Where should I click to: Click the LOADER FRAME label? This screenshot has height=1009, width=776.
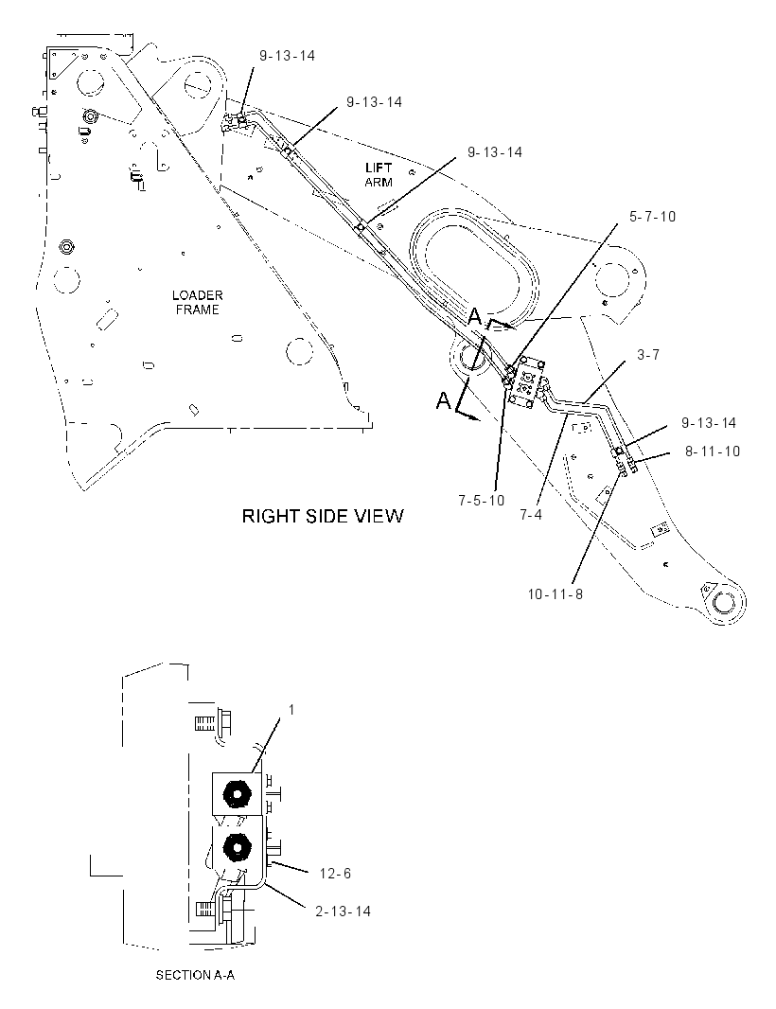point(198,303)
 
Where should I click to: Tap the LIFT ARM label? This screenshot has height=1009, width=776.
point(379,175)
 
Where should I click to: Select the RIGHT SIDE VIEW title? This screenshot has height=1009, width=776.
point(323,516)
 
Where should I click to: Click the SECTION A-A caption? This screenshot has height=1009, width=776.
point(195,976)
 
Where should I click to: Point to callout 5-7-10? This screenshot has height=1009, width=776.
point(652,216)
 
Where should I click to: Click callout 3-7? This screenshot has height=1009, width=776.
point(648,355)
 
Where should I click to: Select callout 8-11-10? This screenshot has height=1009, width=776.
point(713,451)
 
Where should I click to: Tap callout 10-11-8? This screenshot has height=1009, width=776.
point(556,593)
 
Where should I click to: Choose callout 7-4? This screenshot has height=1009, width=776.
point(531,515)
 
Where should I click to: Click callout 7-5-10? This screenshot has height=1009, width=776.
point(482,500)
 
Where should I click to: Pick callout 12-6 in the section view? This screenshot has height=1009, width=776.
point(335,874)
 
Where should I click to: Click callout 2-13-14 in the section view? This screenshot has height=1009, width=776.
point(343,912)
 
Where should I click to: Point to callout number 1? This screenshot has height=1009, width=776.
point(291,709)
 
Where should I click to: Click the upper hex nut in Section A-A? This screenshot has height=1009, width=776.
point(238,795)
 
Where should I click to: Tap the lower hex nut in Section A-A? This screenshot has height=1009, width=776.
point(238,849)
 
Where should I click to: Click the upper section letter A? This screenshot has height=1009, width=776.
point(475,316)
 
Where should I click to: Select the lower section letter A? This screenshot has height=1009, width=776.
point(444,401)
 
